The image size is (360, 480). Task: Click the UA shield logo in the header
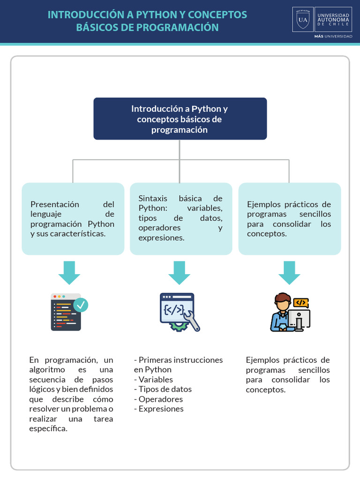tap(303, 19)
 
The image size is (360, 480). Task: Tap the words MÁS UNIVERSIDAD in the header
tap(333, 36)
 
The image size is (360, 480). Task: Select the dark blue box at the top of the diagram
tap(180, 119)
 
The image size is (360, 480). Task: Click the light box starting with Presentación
tap(73, 219)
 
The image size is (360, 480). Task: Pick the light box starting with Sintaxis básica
tap(180, 218)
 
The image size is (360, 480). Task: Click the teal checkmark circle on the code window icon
tap(81, 305)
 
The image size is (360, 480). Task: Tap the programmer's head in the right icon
tap(283, 302)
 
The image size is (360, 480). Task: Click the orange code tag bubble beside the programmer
tap(300, 303)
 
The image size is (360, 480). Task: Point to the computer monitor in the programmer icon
tap(299, 319)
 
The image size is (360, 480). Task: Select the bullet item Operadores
tap(160, 399)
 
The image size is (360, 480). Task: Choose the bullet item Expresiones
tap(161, 409)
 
